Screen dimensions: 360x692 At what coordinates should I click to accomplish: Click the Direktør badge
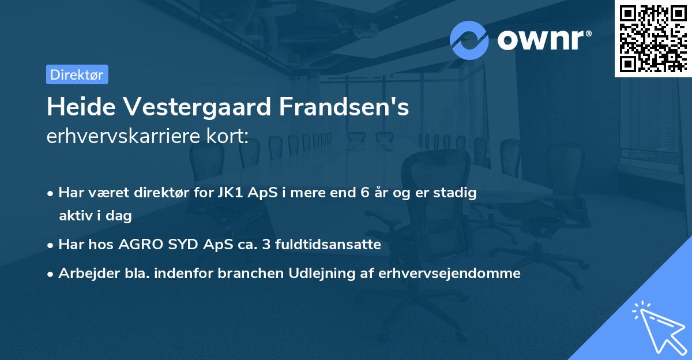pos(77,75)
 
